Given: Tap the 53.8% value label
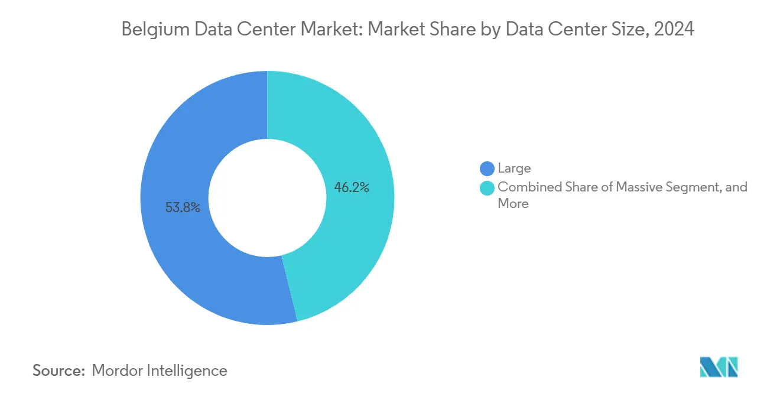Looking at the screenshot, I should (x=183, y=207).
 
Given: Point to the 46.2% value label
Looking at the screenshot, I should (x=352, y=188).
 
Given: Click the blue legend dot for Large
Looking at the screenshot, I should (x=487, y=168).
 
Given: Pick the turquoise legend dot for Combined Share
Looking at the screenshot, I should (x=487, y=187).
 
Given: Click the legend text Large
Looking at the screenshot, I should (x=514, y=168).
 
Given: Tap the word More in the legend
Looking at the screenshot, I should (x=513, y=204).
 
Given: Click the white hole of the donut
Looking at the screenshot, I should (x=268, y=198).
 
